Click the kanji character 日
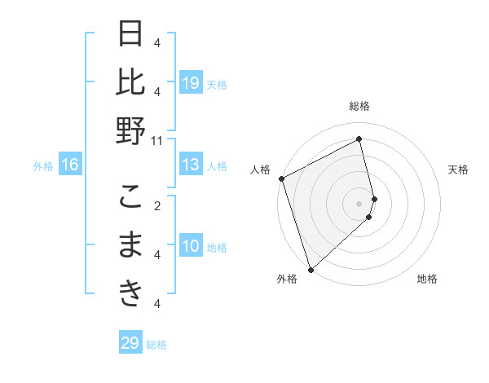(130, 36)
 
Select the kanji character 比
(130, 82)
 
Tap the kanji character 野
(130, 130)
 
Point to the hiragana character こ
(130, 196)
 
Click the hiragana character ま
(130, 244)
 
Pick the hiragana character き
(130, 293)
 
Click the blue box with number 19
(191, 82)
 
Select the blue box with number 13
(191, 165)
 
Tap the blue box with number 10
(191, 246)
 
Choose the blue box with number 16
(70, 165)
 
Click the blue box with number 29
(130, 343)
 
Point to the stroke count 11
(157, 140)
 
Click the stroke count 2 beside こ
(157, 205)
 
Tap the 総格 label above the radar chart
(359, 106)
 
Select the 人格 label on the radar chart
(261, 169)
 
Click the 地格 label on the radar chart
(427, 279)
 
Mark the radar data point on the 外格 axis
(311, 269)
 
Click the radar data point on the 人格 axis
(281, 178)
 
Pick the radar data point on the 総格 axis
(359, 139)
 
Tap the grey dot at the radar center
(359, 203)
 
